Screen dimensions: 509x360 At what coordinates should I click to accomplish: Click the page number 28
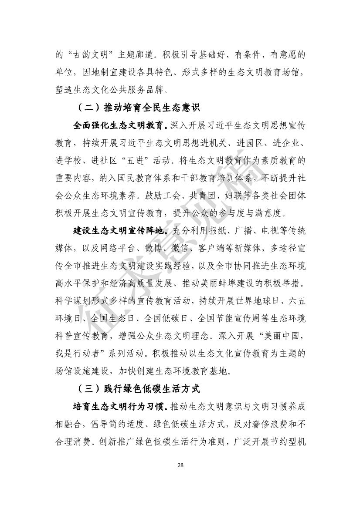coord(180,466)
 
